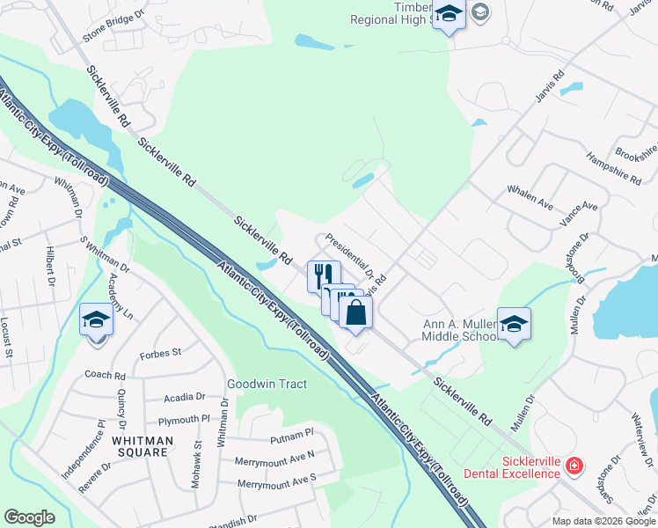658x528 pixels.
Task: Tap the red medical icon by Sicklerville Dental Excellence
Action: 574,465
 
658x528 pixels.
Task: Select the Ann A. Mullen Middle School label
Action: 459,330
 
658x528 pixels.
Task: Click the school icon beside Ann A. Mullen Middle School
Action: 513,324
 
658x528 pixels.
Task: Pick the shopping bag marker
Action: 356,313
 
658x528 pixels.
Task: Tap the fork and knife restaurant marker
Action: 322,275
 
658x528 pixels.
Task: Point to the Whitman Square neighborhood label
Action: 140,445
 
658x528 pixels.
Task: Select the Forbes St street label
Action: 160,353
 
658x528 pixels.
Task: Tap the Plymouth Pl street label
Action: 184,420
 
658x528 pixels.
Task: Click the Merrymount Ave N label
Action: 274,458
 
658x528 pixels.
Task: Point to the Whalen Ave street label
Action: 530,197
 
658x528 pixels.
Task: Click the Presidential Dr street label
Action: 349,256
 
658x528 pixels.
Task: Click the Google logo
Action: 29,517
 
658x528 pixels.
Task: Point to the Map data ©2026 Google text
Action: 603,521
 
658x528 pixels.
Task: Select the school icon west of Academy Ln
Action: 96,319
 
